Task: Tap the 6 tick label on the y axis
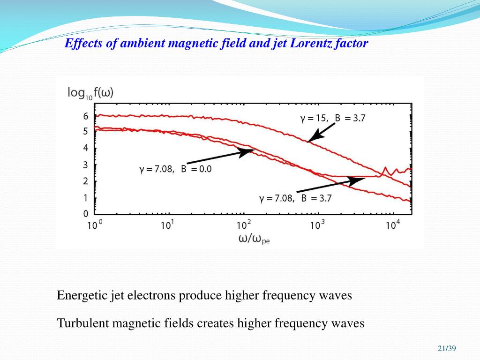85,116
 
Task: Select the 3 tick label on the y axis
85,165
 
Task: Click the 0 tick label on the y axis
85,214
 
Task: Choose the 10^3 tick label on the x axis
317,225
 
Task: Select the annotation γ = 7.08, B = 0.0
175,169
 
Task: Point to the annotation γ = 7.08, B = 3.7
295,198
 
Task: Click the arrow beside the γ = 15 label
322,131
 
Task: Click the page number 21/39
447,348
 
